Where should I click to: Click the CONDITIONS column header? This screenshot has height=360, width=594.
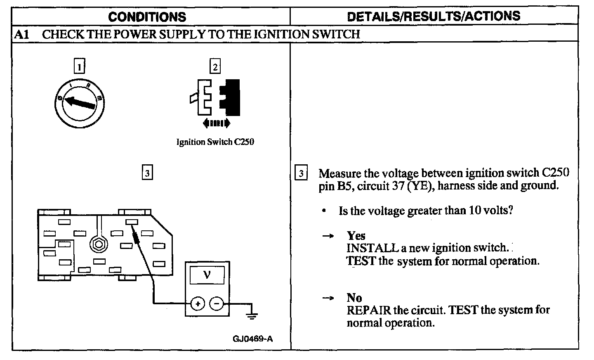point(147,17)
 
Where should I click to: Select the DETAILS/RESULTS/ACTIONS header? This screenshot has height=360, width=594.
point(434,16)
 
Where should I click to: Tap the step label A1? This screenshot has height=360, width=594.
point(21,34)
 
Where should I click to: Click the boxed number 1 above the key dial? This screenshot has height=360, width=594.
point(80,66)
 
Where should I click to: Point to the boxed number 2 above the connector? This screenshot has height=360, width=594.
point(214,66)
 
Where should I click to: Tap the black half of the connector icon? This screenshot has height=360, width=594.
point(231,97)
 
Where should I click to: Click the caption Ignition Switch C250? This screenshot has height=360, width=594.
point(215,142)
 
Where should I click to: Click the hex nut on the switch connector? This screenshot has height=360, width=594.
point(98,245)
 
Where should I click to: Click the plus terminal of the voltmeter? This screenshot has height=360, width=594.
point(198,304)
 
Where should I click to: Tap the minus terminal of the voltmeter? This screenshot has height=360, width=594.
point(217,304)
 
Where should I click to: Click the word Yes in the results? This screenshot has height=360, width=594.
point(356,236)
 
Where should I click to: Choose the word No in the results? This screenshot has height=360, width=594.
point(354,298)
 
